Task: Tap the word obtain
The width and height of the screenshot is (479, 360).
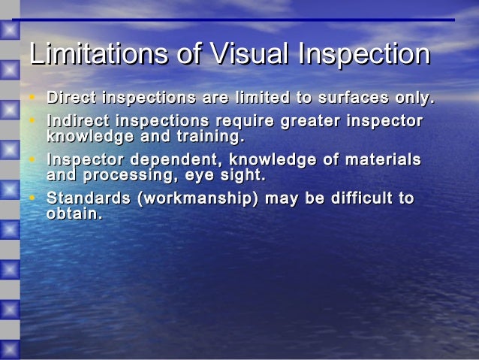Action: [74, 214]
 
